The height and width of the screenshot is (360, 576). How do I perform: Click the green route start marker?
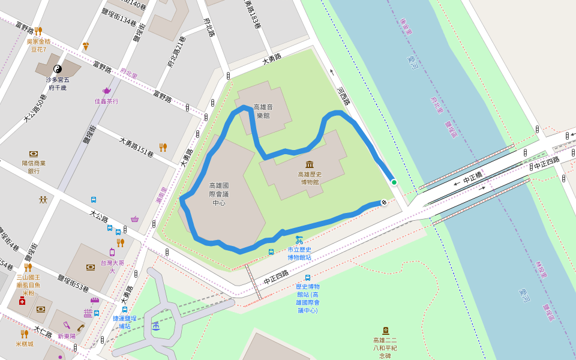pos(394,182)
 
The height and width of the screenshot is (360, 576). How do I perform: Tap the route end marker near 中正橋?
pos(383,203)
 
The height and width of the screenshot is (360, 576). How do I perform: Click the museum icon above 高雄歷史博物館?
pos(310,164)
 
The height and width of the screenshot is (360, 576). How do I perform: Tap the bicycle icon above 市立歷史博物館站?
pos(299,240)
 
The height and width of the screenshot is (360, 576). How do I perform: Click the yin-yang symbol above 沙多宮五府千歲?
pos(58,69)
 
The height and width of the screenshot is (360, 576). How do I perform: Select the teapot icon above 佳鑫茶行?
pos(107,91)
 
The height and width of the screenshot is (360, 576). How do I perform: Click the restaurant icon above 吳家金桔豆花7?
pos(38,31)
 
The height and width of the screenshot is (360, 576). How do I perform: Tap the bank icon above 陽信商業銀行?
pos(34,154)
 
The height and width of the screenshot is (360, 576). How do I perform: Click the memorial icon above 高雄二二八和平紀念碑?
pos(385,331)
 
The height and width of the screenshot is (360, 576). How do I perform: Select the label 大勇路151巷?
pos(136,147)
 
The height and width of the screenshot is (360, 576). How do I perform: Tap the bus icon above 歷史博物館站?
pos(308,278)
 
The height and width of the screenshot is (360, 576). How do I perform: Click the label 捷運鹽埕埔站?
pos(124,322)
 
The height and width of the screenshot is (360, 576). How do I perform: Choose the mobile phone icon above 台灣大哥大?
pos(112,252)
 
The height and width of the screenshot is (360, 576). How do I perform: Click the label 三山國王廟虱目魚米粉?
pos(28,285)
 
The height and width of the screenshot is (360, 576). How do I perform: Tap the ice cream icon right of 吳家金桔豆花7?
pos(86,46)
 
